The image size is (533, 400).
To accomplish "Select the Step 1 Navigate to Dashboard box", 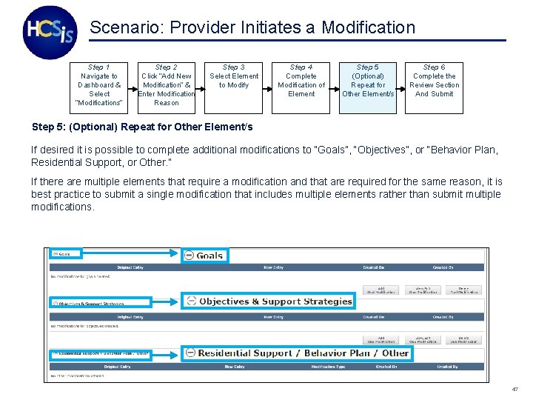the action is click(99, 85).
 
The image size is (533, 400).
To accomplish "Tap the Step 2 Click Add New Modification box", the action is click(167, 85).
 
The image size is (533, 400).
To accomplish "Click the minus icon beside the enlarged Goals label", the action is click(190, 256).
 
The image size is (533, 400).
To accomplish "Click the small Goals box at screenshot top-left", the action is click(66, 254).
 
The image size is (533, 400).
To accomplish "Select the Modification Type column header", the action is click(328, 367).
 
